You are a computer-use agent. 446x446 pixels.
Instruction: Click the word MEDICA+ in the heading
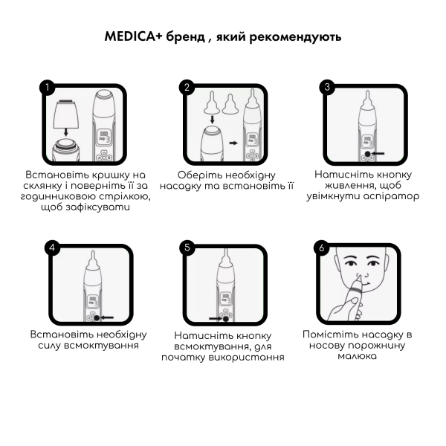coord(133,36)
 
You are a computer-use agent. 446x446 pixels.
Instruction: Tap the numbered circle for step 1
coord(48,87)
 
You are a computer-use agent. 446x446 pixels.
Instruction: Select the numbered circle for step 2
coord(187,87)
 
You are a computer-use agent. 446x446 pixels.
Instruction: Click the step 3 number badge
coord(327,87)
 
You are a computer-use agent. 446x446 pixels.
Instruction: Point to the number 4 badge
coord(52,248)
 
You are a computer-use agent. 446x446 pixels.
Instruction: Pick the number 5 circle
coord(187,248)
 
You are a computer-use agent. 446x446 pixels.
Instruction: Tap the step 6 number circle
coord(321,248)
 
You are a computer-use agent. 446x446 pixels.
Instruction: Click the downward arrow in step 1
coord(65,132)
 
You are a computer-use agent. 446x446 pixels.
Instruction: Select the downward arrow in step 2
coord(212,119)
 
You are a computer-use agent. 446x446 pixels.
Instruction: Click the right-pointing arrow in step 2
coord(233,143)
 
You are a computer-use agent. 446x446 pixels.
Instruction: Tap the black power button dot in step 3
coord(367,154)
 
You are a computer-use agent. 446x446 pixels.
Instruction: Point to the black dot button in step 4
coord(97,318)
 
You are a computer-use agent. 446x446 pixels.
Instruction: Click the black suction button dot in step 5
coord(225,319)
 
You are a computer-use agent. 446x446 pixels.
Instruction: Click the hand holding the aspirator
coord(344,309)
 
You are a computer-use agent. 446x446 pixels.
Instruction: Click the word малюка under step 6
coord(358,356)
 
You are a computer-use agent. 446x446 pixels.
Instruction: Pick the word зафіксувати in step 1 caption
coord(97,207)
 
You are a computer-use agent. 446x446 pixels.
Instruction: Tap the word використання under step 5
coord(246,358)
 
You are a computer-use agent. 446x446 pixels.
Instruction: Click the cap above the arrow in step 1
coord(66,113)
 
